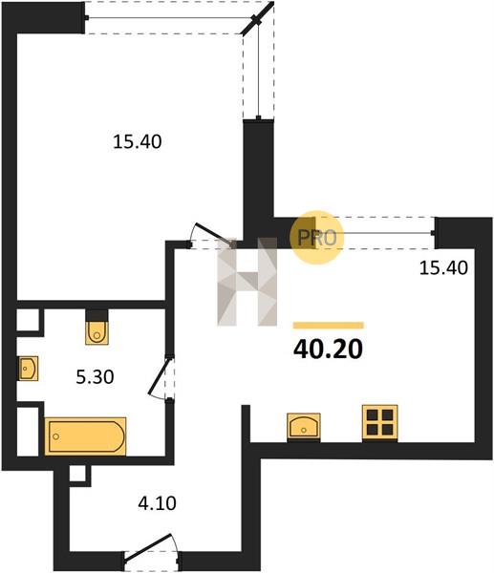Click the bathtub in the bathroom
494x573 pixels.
coord(85,436)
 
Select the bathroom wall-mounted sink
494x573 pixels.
coord(28,369)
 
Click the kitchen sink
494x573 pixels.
coord(304,426)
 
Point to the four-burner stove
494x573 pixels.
coord(379,422)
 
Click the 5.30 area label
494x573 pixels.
coord(95,377)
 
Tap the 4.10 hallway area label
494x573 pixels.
coord(158,503)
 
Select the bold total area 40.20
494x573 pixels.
coord(328,349)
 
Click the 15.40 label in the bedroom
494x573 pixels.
coord(138,141)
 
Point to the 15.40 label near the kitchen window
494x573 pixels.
coord(443,267)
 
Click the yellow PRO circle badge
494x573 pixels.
coord(316,238)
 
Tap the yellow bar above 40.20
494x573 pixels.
coord(329,326)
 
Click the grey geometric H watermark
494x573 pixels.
coord(247,282)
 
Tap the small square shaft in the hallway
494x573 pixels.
coord(77,474)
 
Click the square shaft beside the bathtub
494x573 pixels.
coord(28,432)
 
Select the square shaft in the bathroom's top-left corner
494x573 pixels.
coord(28,320)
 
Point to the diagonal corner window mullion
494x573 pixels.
coord(257,18)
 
